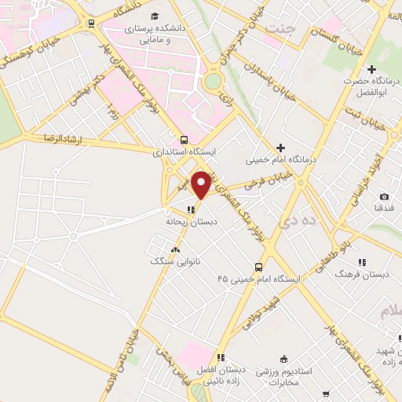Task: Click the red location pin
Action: [x=202, y=185]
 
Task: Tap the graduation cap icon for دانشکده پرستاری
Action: [x=154, y=16]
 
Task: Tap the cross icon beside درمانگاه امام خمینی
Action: [x=280, y=147]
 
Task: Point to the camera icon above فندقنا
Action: [x=384, y=196]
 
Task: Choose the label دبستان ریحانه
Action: [x=190, y=222]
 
